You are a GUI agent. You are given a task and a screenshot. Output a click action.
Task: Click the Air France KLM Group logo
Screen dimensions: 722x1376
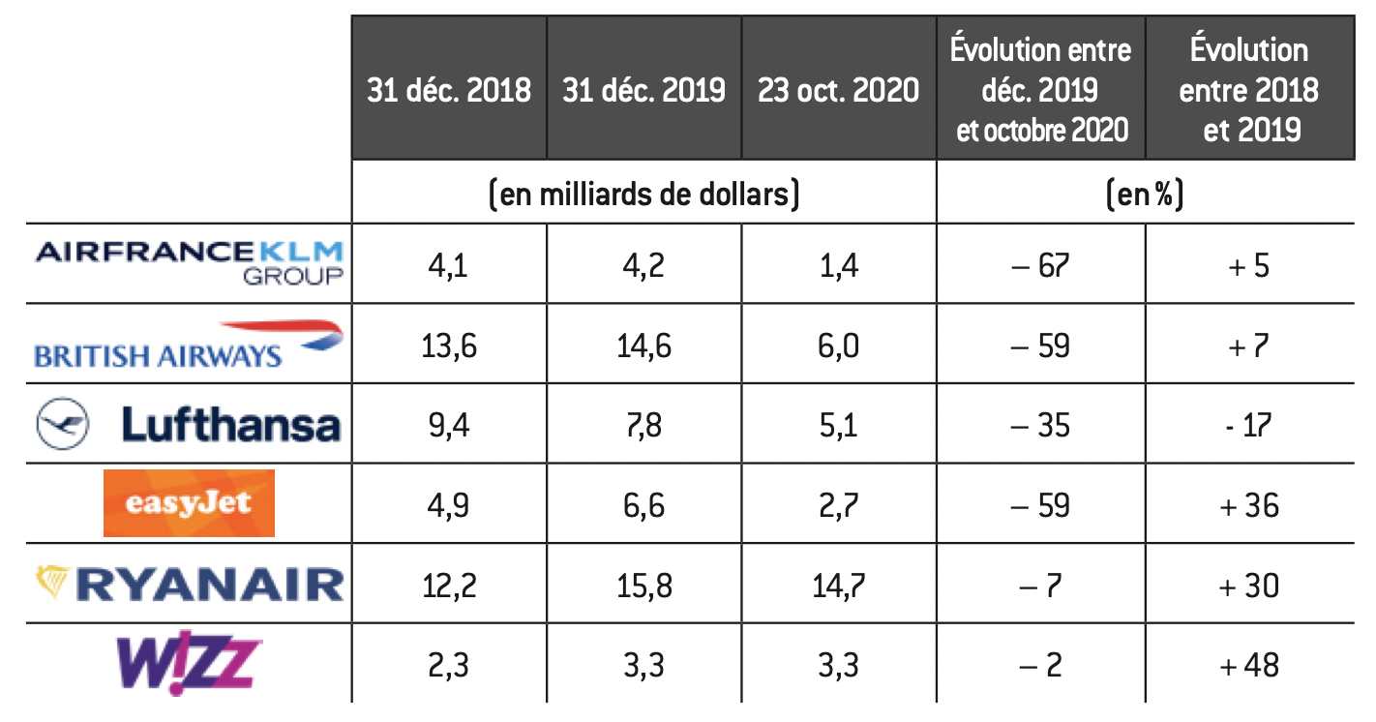[x=190, y=262]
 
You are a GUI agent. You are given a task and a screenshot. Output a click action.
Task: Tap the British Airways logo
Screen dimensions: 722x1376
[x=189, y=344]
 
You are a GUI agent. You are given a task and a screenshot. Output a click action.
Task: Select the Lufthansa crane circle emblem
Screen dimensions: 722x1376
[x=63, y=425]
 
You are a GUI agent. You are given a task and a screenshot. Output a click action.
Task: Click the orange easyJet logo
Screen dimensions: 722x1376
[x=189, y=503]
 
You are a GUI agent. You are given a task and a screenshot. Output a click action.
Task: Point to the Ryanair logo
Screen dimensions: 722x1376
[x=189, y=584]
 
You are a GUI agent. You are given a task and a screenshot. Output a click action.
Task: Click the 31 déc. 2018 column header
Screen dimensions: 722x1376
[x=449, y=90]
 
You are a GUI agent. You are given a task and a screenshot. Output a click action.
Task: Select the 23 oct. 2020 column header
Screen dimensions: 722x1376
[x=838, y=90]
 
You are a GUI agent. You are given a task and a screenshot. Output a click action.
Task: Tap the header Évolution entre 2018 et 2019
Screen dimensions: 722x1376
[x=1249, y=90]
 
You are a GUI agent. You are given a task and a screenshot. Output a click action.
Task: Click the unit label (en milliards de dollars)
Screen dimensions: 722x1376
[x=644, y=195]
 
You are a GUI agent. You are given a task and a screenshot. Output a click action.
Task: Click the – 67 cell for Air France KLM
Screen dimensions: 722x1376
[x=1040, y=265]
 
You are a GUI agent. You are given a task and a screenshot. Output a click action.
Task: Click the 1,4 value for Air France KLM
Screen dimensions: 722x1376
[x=837, y=265]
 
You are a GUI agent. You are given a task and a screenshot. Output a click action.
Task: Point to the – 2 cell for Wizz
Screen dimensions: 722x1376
[x=1040, y=664]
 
